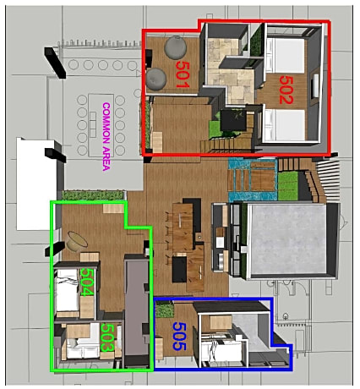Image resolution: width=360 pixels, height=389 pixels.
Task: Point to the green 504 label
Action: coord(85,282)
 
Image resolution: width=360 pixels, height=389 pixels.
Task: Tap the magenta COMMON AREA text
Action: coord(106,136)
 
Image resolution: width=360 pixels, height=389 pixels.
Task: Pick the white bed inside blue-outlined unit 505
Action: coord(226,348)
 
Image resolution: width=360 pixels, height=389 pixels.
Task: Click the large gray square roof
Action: coord(285,241)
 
